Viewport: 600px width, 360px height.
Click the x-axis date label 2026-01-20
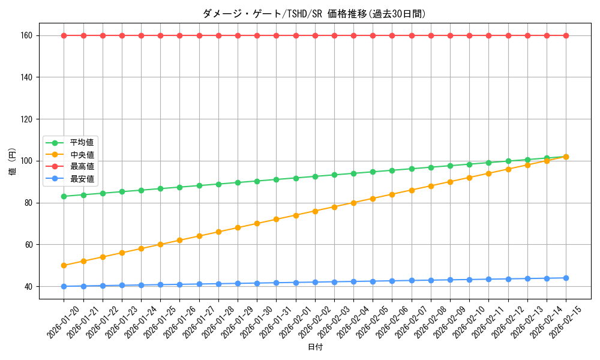click(63, 318)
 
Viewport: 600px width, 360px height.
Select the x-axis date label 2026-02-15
click(565, 318)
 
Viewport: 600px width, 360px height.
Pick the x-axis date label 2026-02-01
click(295, 318)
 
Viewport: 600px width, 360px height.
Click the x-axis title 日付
click(315, 347)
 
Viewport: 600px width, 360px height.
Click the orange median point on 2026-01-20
click(64, 265)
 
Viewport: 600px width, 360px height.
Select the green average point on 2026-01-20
click(64, 196)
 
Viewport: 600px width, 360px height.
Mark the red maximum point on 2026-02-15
click(566, 35)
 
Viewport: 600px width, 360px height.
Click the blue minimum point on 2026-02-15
click(566, 278)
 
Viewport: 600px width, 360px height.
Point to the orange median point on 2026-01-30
click(257, 223)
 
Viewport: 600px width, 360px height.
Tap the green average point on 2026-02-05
click(373, 172)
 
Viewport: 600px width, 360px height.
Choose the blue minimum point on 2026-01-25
click(160, 284)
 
